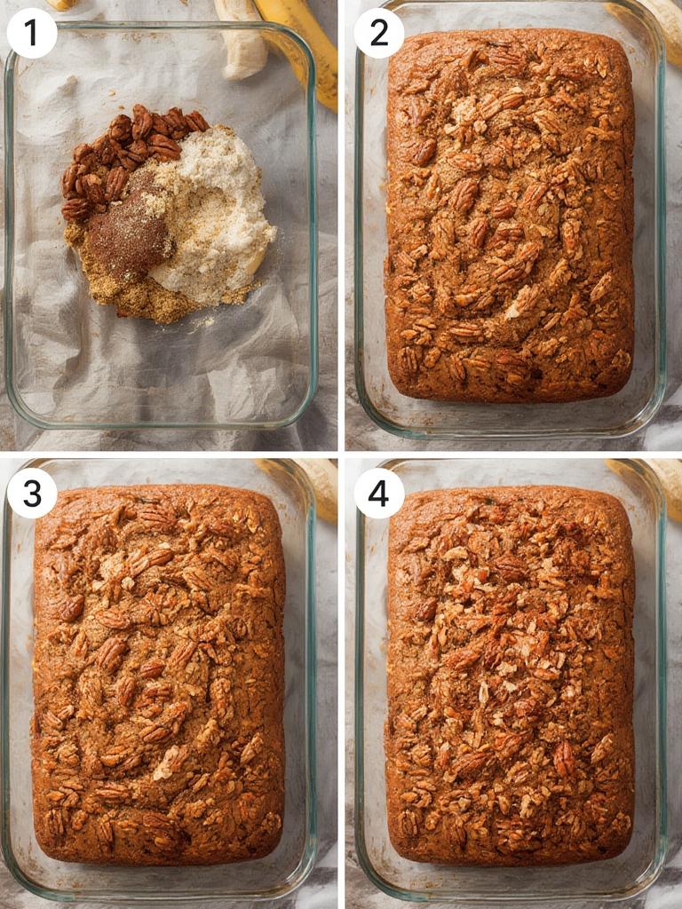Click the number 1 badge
point(32,33)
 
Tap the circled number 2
point(379,33)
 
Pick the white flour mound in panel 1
point(218,213)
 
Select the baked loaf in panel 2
point(510,213)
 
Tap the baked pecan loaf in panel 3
point(158,675)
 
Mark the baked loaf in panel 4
point(510,675)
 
